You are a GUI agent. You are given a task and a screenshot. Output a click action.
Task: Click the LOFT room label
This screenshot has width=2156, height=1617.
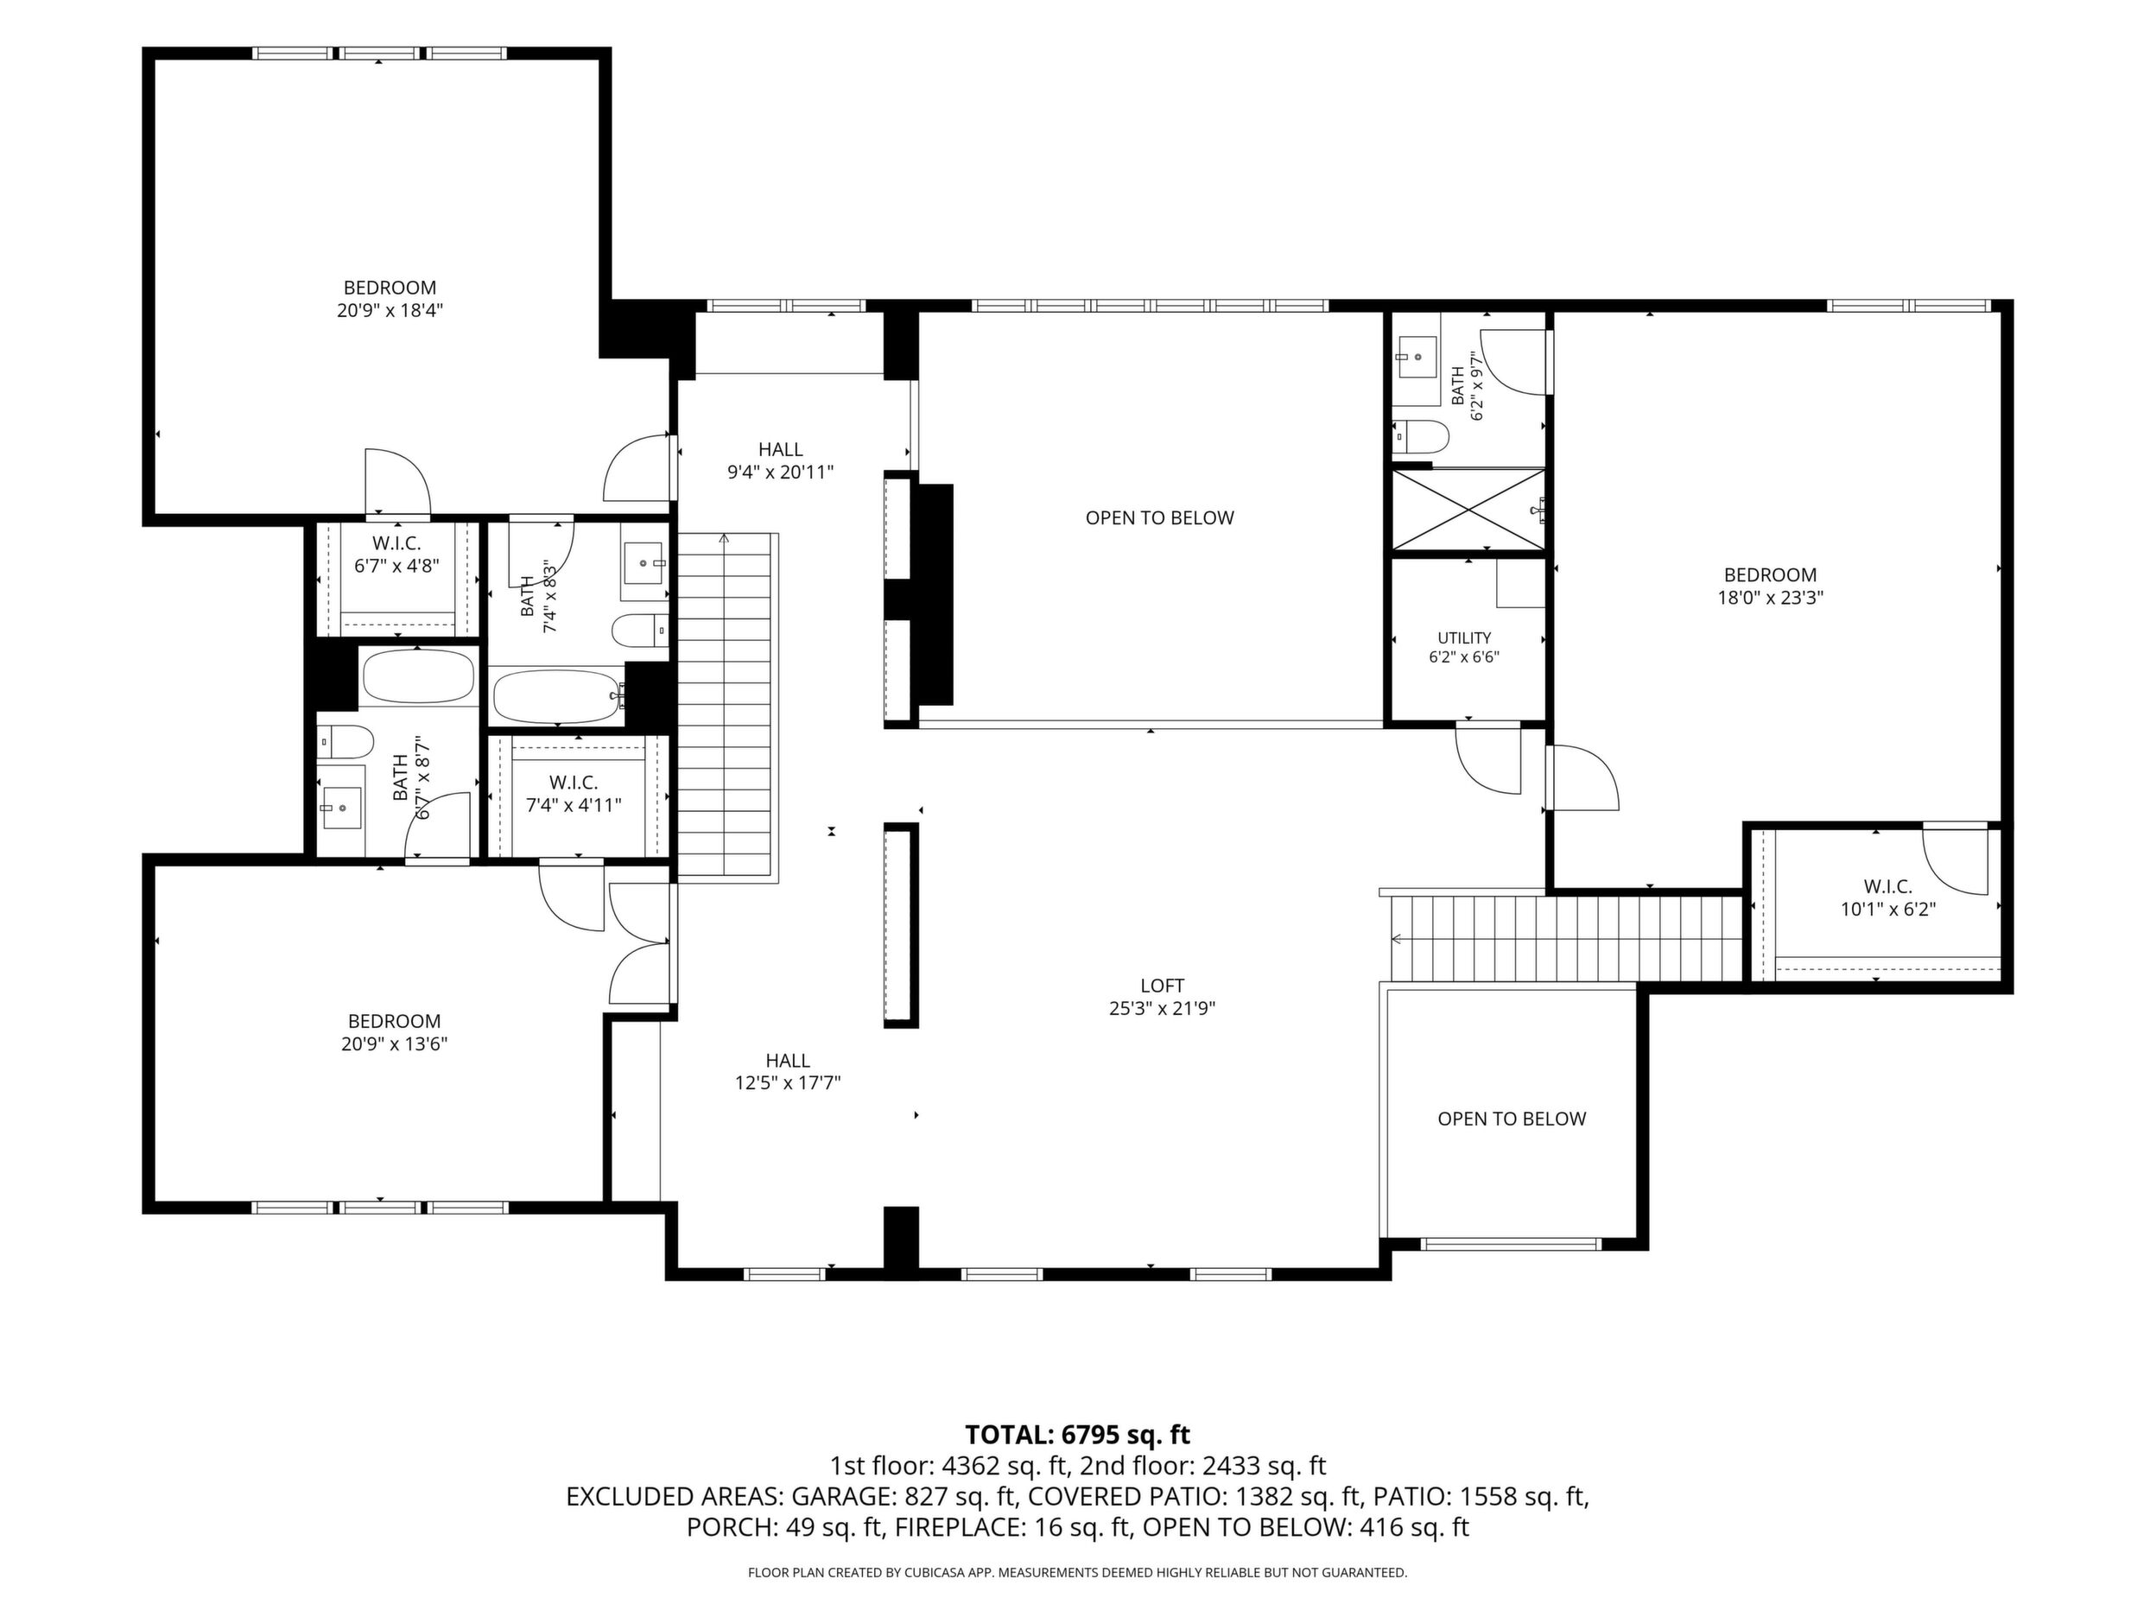coord(1162,986)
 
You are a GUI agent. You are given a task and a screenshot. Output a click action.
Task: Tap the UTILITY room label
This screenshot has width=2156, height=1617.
coord(1464,638)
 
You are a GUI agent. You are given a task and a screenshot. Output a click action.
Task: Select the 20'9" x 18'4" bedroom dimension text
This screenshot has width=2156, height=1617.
coord(390,311)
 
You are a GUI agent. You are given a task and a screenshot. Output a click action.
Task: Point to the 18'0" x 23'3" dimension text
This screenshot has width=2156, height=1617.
coord(1770,598)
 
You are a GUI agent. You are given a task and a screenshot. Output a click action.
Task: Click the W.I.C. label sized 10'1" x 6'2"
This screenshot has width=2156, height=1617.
coord(1888,887)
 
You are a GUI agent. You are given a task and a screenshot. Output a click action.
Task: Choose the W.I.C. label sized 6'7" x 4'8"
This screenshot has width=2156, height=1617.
coord(396,544)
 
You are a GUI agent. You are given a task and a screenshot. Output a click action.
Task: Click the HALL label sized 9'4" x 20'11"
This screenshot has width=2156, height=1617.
coord(781,449)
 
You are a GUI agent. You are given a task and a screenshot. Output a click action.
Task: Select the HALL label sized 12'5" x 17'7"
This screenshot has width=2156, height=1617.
coord(788,1061)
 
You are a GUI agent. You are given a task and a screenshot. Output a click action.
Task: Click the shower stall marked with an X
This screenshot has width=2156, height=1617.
coord(1468,510)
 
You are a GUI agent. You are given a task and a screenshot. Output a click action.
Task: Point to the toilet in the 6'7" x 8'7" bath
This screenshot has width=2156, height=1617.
coord(346,743)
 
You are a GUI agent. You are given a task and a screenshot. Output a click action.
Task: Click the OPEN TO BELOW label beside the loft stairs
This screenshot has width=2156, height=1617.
coord(1512,1119)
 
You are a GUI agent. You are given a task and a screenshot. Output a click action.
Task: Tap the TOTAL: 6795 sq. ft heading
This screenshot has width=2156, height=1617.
coord(1078,1435)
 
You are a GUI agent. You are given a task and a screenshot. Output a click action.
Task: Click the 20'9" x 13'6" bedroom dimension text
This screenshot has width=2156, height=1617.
coord(395,1044)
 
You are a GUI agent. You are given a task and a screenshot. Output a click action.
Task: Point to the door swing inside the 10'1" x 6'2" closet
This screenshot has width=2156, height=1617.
coord(1954,859)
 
